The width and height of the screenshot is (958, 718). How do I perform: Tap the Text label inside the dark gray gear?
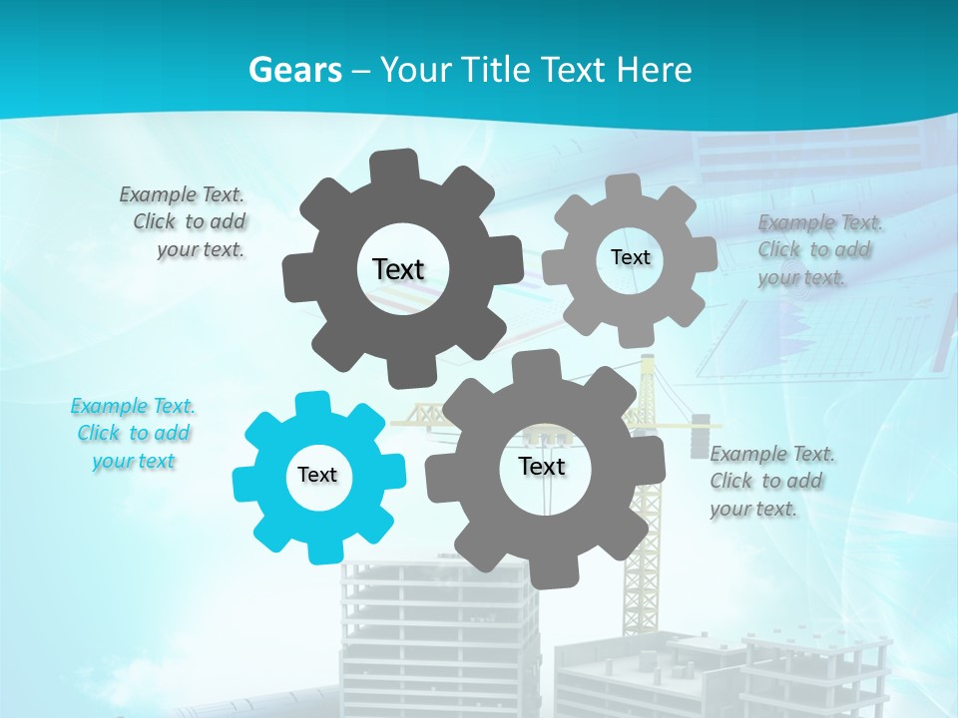click(x=398, y=269)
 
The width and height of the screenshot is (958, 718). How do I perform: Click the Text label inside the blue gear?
click(x=317, y=475)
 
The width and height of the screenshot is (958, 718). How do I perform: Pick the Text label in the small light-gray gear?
click(x=630, y=257)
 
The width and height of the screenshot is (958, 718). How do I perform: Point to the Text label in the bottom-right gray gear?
click(x=542, y=466)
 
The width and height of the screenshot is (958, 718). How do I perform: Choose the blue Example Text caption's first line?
click(x=133, y=406)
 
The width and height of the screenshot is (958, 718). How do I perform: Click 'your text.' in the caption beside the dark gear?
click(x=201, y=249)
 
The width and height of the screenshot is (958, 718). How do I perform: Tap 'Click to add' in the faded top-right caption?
click(x=813, y=249)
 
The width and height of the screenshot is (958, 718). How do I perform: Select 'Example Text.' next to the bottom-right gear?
click(x=772, y=454)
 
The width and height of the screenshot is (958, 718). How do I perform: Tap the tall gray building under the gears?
click(x=439, y=638)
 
